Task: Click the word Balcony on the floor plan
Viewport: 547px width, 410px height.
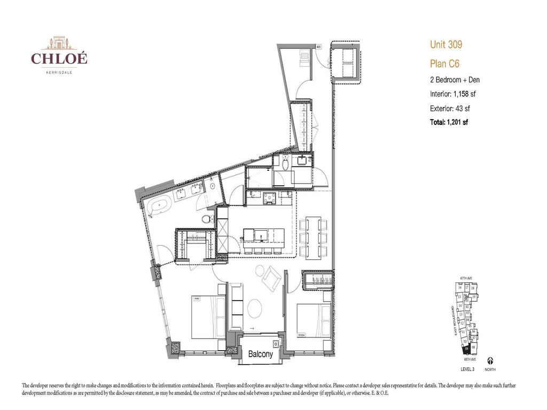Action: tap(261, 354)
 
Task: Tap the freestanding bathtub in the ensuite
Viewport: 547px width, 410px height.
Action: tap(159, 206)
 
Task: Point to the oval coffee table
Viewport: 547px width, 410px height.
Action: tap(255, 308)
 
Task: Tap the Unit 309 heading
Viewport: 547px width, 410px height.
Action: tap(446, 45)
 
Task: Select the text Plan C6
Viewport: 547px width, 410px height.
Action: tap(444, 64)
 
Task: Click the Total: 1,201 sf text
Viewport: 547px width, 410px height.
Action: tap(449, 122)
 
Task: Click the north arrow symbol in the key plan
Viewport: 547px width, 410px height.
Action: tap(490, 361)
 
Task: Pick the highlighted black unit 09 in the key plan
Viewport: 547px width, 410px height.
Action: tap(467, 349)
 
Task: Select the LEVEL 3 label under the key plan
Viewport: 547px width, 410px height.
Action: tap(467, 369)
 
